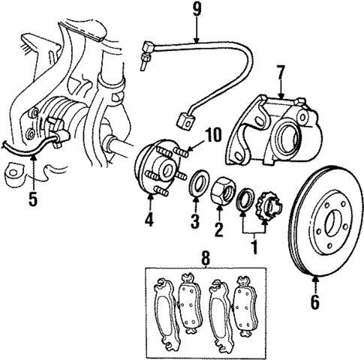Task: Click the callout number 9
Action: pyautogui.click(x=196, y=10)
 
